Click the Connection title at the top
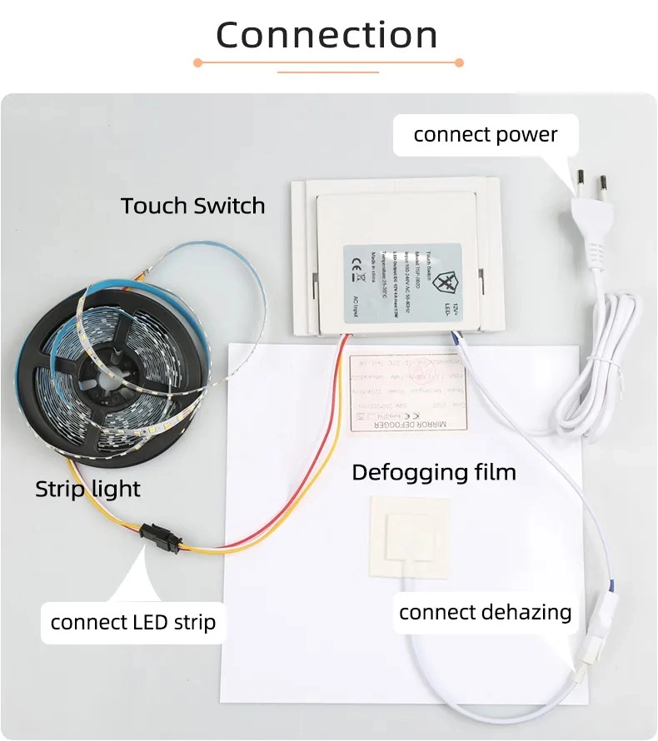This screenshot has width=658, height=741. [327, 35]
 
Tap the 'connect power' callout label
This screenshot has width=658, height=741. [486, 134]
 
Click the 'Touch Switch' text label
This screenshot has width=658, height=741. [192, 206]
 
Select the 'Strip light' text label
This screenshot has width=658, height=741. [87, 489]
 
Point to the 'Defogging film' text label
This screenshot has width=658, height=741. [434, 473]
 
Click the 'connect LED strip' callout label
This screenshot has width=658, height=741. [132, 622]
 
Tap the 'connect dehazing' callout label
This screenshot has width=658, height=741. [485, 613]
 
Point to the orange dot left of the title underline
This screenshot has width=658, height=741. [197, 62]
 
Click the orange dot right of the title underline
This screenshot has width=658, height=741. [459, 62]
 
